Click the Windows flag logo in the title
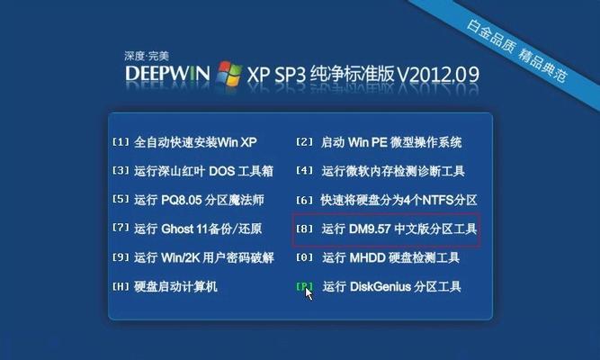pos(228,73)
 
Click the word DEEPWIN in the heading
pos(167,73)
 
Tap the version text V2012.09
pos(438,74)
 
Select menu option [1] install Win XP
pos(184,142)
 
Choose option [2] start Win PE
pos(379,142)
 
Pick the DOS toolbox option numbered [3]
pos(193,171)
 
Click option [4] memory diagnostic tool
pos(381,171)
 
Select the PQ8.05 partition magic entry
pos(188,200)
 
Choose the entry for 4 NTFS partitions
pos(387,200)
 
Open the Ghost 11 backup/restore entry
pos(187,229)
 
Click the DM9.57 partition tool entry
pos(387,229)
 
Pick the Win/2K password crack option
pos(193,257)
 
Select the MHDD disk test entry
pos(378,257)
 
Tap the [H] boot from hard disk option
pos(165,286)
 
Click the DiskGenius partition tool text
pos(392,286)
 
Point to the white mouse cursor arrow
pos(309,293)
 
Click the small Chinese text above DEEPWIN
pos(147,57)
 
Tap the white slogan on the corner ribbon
pos(516,50)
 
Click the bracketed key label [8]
pos(305,229)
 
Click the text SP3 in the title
pos(291,74)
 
